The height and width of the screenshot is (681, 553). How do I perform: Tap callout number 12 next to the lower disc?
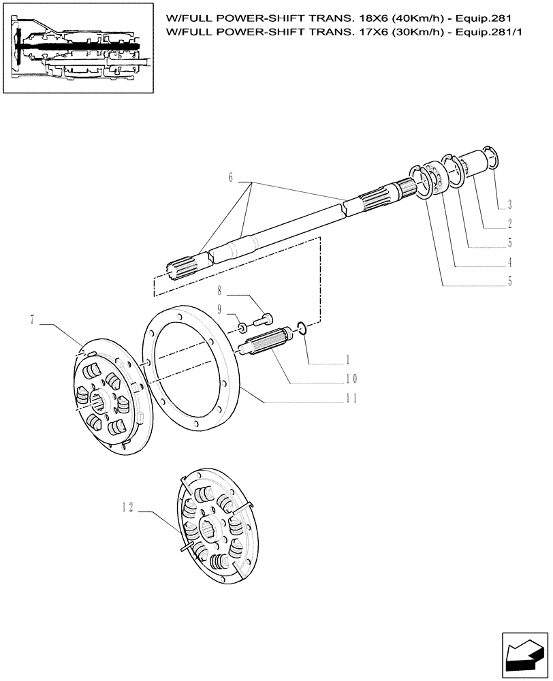[127, 507]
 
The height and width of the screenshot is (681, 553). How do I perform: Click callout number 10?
[351, 379]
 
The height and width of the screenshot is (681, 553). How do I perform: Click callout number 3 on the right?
[509, 204]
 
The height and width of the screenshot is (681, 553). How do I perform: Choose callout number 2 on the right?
[509, 223]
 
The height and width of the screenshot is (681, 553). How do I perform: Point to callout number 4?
[509, 262]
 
